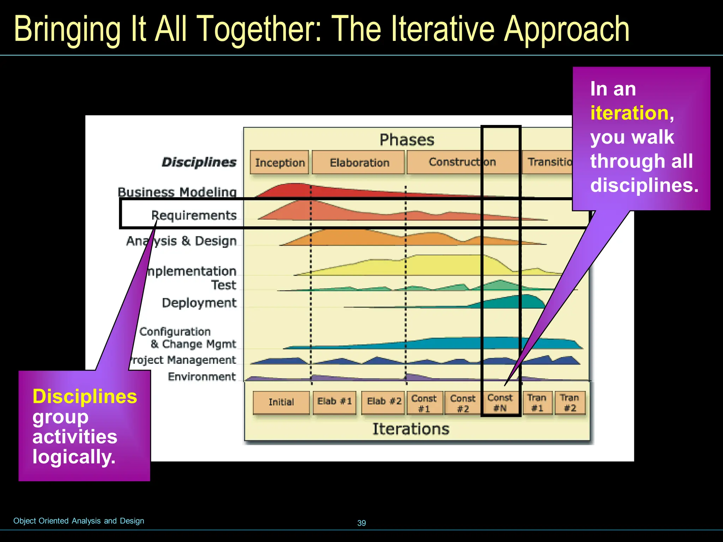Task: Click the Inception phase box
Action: point(279,162)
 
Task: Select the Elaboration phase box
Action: point(359,162)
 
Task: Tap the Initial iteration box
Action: point(281,402)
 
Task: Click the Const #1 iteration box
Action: point(424,403)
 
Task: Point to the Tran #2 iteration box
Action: point(570,403)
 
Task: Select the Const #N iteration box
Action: point(500,403)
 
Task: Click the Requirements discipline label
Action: point(194,215)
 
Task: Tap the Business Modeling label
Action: point(177,192)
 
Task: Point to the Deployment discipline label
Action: point(199,303)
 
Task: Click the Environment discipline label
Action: point(202,377)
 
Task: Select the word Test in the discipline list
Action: point(223,285)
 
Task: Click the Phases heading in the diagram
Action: point(407,140)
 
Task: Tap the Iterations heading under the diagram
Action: point(411,429)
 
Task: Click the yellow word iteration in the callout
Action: point(629,113)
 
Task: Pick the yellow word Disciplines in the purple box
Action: point(85,396)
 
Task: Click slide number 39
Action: point(361,523)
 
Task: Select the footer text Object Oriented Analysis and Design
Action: point(79,521)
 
